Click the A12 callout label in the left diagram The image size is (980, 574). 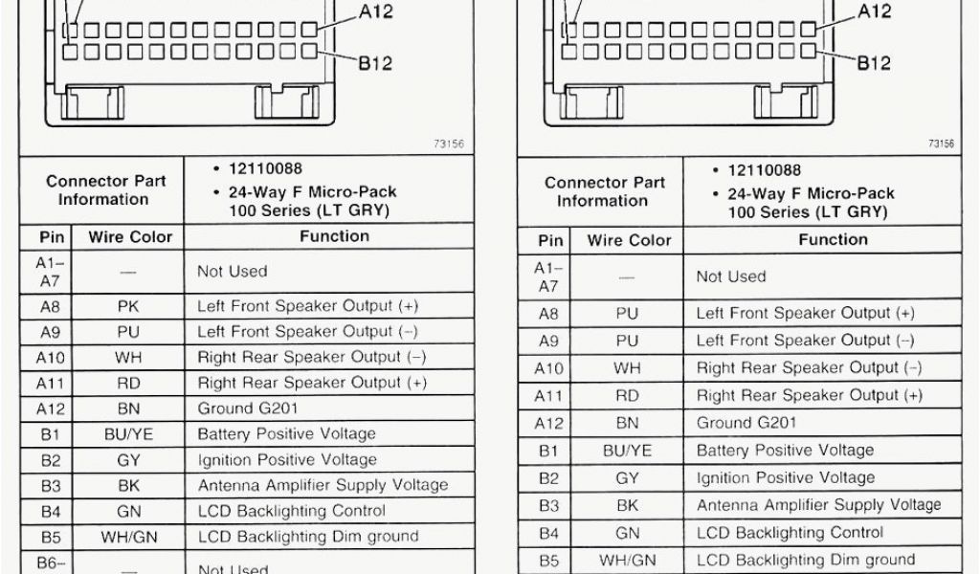375,12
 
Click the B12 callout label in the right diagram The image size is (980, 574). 874,63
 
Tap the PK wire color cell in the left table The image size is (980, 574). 128,307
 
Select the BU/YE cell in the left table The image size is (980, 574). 128,434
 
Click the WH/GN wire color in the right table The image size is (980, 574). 628,561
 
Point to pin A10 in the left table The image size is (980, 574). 51,358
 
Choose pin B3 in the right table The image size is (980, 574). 548,505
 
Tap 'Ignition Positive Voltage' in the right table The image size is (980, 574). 785,477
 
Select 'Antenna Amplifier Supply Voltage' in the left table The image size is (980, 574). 323,485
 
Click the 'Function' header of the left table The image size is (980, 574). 334,236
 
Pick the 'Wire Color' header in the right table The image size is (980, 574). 629,240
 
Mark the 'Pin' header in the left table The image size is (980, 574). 51,237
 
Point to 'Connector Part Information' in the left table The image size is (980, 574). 105,190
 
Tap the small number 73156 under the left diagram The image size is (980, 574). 449,144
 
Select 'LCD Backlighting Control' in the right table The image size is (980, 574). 790,533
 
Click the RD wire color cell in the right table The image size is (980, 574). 628,395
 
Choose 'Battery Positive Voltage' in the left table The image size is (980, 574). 287,434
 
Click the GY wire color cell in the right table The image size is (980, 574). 628,477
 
